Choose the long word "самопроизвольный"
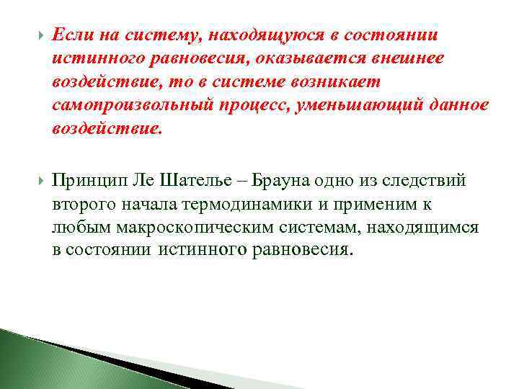point(130,105)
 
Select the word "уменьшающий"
point(356,105)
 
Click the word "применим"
point(373,204)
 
